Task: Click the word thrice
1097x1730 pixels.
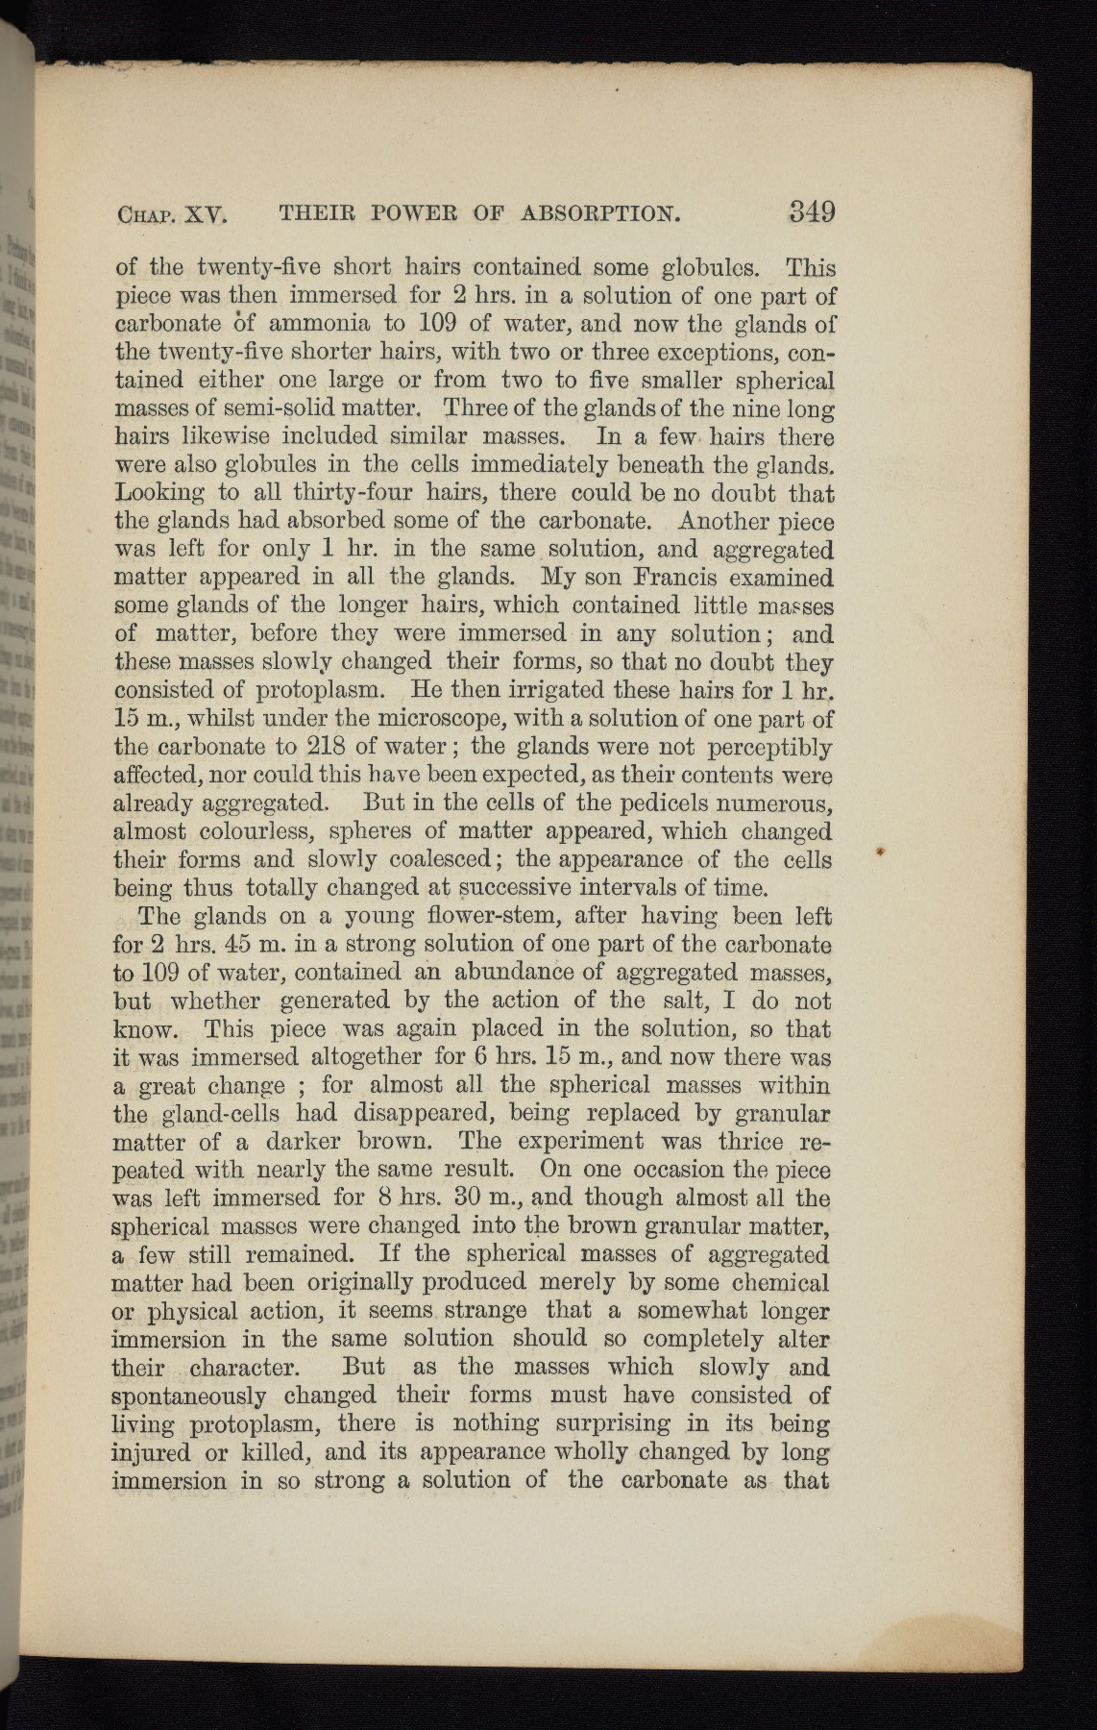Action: coord(732,1142)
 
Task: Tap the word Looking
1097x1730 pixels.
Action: coord(158,494)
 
